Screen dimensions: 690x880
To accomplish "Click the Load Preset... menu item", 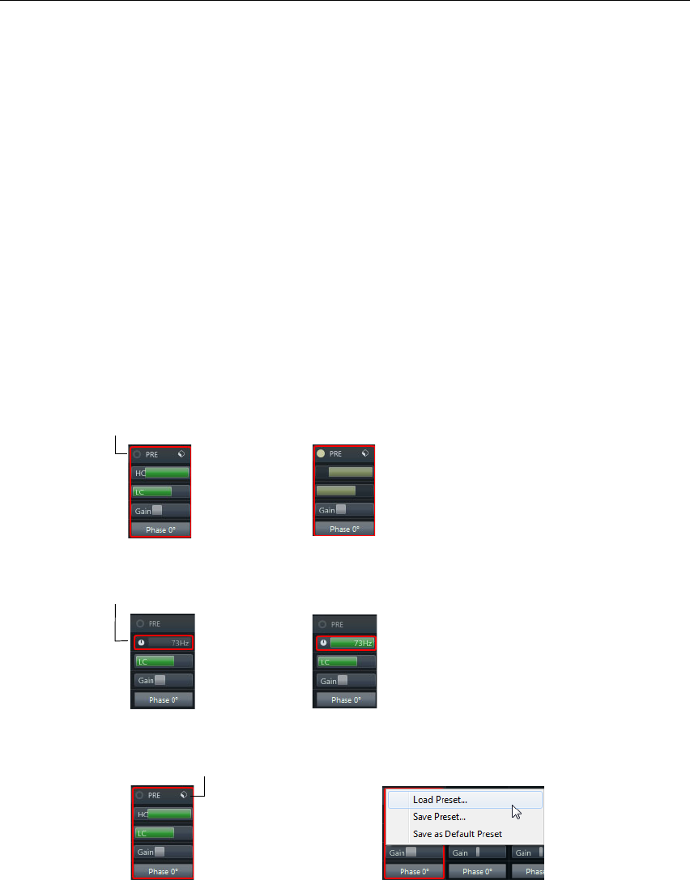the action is tap(440, 800).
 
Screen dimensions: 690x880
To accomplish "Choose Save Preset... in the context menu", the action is tap(439, 817).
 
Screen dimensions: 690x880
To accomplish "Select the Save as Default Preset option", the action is tap(457, 834).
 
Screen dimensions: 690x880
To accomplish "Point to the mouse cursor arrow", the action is tap(516, 811).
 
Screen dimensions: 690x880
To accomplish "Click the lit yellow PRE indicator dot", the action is tap(321, 454).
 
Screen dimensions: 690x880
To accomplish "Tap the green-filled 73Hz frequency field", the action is tap(350, 643).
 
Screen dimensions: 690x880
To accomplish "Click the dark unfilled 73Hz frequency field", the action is tap(168, 643).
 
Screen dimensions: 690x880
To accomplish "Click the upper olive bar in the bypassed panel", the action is tap(350, 471).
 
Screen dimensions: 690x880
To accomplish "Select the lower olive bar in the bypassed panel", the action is tap(336, 491).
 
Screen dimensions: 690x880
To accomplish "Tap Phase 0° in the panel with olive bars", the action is tap(344, 529).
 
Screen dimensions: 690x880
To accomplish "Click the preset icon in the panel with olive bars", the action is tap(366, 454).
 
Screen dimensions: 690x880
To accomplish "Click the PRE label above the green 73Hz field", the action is tap(337, 624).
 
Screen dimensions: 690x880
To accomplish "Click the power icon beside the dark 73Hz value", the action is tap(142, 643).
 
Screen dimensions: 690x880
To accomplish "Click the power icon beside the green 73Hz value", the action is tap(323, 643).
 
